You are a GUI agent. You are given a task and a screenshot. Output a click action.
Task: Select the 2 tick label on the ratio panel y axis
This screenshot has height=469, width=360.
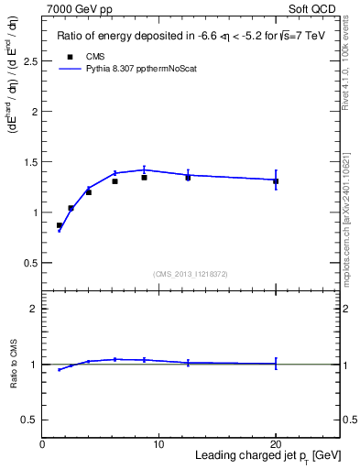[35, 309]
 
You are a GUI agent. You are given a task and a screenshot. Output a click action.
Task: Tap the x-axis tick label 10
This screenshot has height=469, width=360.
[158, 444]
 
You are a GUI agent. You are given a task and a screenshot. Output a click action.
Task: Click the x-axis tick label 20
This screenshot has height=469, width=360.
[276, 444]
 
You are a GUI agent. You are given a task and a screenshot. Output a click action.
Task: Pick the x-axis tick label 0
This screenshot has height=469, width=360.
[42, 444]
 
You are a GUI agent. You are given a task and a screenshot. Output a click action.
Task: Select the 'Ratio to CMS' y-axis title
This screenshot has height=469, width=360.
[13, 365]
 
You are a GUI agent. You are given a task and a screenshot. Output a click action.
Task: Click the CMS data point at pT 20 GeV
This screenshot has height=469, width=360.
[276, 181]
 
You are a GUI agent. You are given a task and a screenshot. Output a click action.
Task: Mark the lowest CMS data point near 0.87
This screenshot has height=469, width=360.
[60, 225]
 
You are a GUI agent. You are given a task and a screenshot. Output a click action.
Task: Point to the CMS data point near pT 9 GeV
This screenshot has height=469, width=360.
[144, 178]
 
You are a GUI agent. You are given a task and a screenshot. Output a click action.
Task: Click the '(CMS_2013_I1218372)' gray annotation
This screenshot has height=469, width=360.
[191, 274]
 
